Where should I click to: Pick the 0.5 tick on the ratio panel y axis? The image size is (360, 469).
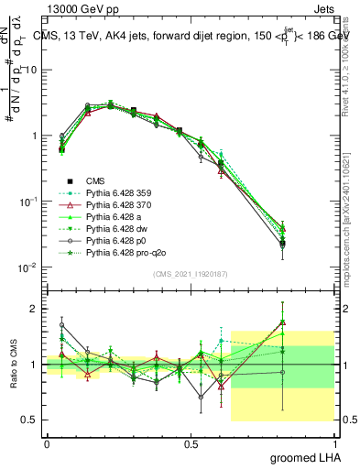click(33, 420)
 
